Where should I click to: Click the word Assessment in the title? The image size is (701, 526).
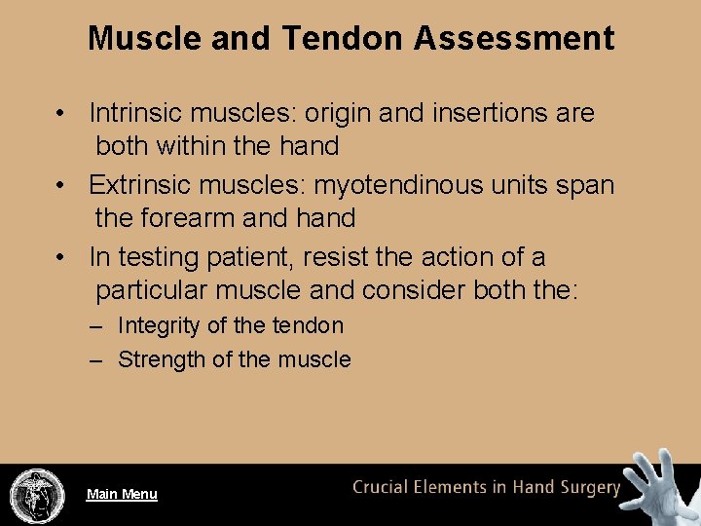513,38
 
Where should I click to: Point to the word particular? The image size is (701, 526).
152,290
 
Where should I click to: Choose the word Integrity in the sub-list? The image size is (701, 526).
158,325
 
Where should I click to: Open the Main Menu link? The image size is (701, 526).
122,494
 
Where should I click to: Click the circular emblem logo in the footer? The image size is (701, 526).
37,495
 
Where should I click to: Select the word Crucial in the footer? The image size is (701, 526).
387,487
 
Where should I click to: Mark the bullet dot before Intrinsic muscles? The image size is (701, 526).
60,114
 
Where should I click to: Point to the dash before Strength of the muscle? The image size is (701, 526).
96,359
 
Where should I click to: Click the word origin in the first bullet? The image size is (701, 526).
338,113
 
